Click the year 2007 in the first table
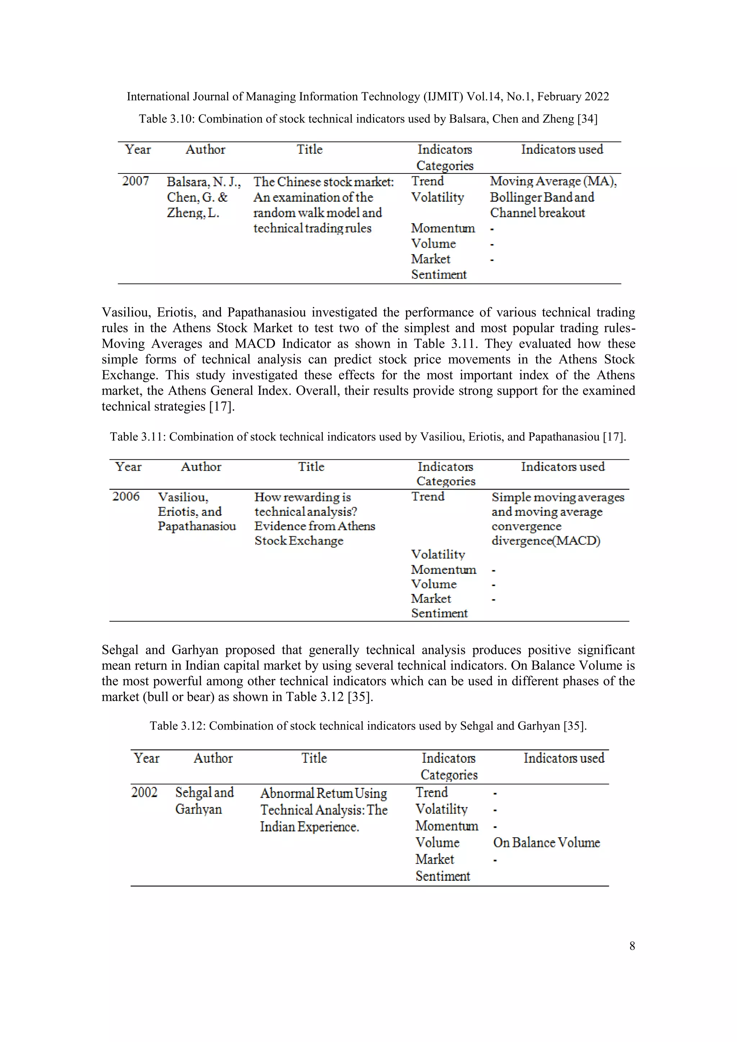[x=135, y=181]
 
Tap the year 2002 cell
[x=144, y=793]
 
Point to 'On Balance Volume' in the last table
[x=546, y=843]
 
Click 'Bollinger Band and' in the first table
[x=542, y=197]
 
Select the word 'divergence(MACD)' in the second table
[x=546, y=541]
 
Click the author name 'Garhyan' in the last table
[x=198, y=809]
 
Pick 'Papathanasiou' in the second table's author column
[x=196, y=526]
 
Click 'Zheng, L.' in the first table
[x=193, y=213]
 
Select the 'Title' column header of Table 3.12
[x=314, y=758]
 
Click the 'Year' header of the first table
[x=137, y=150]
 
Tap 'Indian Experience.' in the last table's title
[x=309, y=827]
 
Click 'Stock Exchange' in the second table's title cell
[x=299, y=541]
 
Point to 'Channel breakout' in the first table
[x=537, y=213]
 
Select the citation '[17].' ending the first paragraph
[x=222, y=406]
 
